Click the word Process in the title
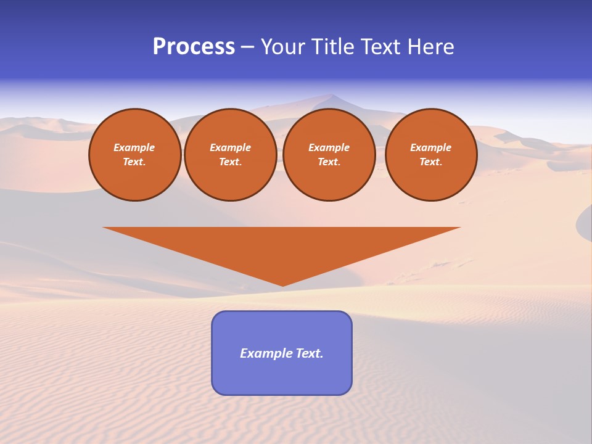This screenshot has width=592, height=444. click(194, 47)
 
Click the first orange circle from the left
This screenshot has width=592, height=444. click(135, 155)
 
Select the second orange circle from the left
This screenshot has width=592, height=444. click(231, 155)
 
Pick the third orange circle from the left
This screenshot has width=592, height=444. click(329, 155)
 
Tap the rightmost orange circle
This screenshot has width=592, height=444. click(431, 155)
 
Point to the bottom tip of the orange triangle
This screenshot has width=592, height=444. click(282, 285)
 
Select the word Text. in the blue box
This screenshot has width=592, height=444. click(309, 353)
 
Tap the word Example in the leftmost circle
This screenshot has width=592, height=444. click(134, 147)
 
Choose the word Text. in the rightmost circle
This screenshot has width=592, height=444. click(431, 162)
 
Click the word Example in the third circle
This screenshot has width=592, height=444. click(329, 147)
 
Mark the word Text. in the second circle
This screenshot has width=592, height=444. click(231, 162)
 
